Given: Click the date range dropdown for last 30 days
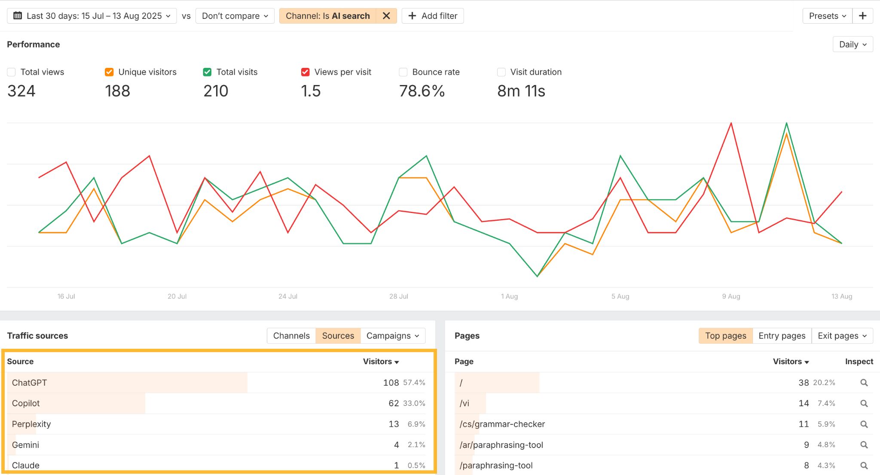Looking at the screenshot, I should click(x=92, y=16).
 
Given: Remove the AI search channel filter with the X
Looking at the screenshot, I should click(x=386, y=16).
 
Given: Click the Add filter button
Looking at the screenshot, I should click(x=433, y=16).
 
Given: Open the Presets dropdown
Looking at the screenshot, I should click(x=827, y=16).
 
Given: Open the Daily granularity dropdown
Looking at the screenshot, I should click(x=852, y=44).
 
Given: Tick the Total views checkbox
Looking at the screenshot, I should click(x=11, y=72).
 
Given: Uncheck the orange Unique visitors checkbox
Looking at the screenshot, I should click(x=109, y=72).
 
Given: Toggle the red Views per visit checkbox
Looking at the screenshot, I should click(x=305, y=72).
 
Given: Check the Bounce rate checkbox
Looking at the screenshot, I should click(x=403, y=72).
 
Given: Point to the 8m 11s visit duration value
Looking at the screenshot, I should click(x=521, y=91).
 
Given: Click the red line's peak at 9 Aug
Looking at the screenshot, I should click(x=731, y=124).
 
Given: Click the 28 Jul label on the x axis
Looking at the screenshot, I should click(x=398, y=296).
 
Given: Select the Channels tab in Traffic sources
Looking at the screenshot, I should click(x=291, y=336).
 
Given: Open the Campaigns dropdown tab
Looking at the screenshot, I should click(x=392, y=336).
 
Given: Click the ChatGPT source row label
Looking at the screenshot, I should click(x=29, y=383).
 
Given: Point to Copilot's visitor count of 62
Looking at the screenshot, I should click(x=394, y=403).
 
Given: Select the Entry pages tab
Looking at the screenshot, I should click(x=782, y=336).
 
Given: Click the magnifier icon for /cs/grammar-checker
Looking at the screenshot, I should click(x=864, y=424).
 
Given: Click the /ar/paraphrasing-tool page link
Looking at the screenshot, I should click(x=501, y=445).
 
